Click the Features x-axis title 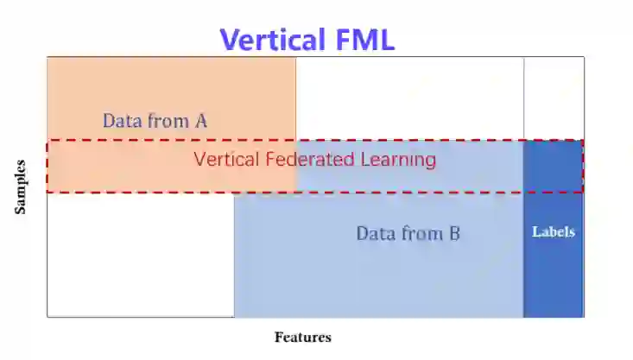[302, 338]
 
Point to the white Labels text [553, 231]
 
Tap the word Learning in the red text [398, 160]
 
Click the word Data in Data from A [121, 121]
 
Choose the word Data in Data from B [375, 233]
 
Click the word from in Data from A [167, 121]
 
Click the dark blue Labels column [553, 276]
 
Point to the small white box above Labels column [553, 98]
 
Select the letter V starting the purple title [229, 40]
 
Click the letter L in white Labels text [536, 231]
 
